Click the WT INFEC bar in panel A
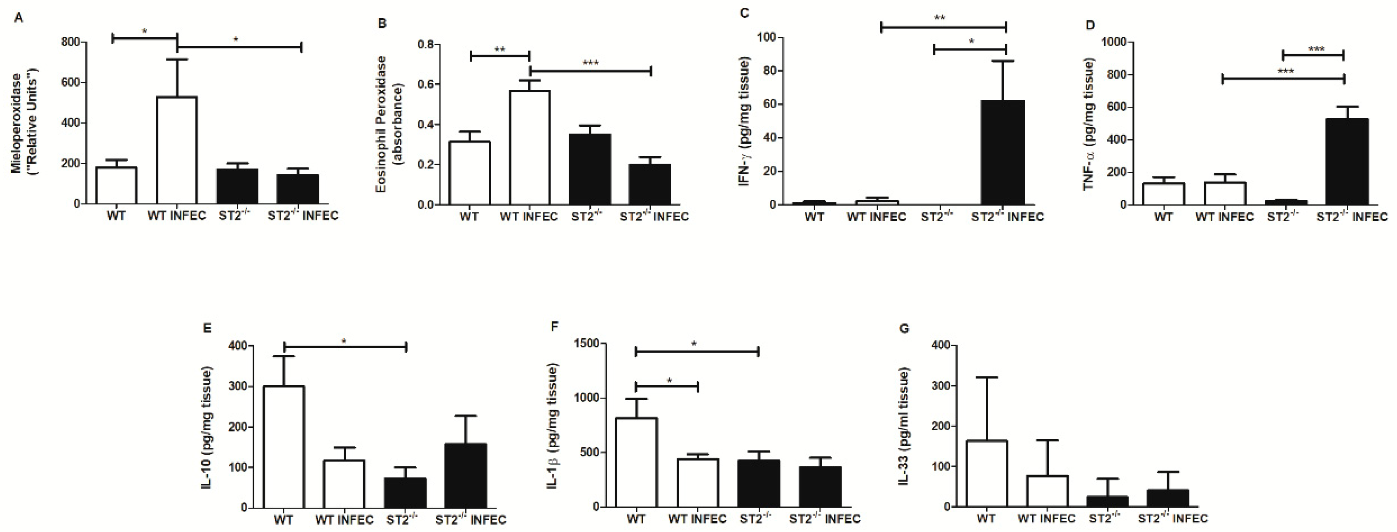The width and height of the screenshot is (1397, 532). click(x=177, y=151)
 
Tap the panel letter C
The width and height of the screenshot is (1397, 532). click(x=745, y=12)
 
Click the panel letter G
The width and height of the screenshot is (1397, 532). click(x=904, y=328)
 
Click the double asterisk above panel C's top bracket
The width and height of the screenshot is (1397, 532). click(x=940, y=17)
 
